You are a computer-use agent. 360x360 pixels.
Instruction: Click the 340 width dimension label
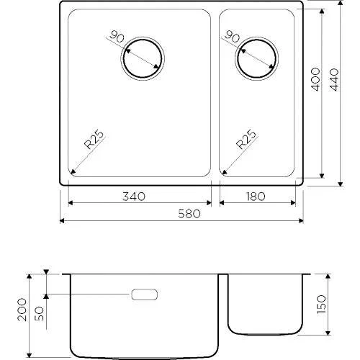(134, 197)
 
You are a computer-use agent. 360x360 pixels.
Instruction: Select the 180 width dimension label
(255, 197)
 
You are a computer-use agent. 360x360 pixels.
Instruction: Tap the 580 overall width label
(189, 214)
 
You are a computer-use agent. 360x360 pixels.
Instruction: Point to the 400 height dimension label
(315, 79)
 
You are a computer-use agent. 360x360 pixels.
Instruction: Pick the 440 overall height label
(334, 79)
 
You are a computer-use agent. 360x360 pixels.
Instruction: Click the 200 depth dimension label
(22, 310)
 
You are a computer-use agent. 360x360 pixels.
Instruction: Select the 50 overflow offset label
(40, 313)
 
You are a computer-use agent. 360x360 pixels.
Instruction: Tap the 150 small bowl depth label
(321, 304)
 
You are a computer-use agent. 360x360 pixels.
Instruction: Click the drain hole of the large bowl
(143, 58)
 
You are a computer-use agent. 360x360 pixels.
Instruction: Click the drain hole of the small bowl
(256, 58)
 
